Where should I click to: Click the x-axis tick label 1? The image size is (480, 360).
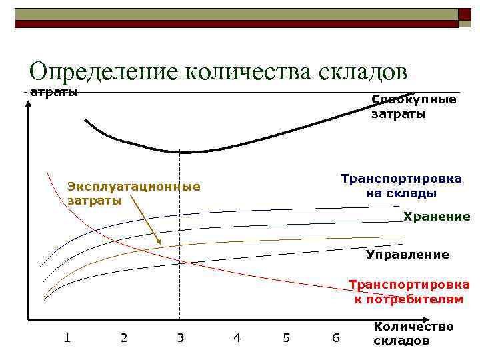(x=67, y=338)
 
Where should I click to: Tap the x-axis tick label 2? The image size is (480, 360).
(x=124, y=338)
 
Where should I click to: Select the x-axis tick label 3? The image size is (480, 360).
(x=180, y=338)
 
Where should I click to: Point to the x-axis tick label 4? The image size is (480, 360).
(x=237, y=338)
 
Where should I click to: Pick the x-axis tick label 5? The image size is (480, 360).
(x=287, y=338)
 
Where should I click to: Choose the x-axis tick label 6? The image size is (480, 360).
(x=335, y=338)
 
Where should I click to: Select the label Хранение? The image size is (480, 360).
(x=437, y=217)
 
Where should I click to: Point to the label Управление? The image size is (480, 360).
(x=407, y=255)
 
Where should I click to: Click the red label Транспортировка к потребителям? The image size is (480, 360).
(x=409, y=292)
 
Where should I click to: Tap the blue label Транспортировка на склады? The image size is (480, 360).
(x=401, y=186)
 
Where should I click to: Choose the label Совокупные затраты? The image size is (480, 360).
(x=413, y=107)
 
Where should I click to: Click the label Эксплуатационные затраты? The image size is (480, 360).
(x=133, y=193)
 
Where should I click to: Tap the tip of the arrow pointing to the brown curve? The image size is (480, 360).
(x=159, y=243)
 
